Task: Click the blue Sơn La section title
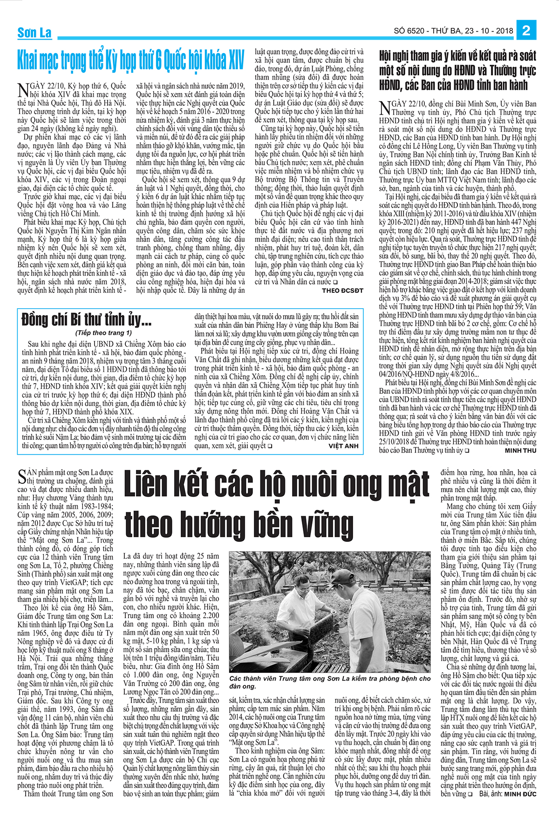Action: pyautogui.click(x=34, y=33)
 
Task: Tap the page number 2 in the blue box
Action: pyautogui.click(x=526, y=31)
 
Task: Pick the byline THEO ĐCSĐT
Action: pyautogui.click(x=342, y=291)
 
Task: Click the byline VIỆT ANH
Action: pyautogui.click(x=343, y=446)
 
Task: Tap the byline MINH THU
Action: pyautogui.click(x=520, y=451)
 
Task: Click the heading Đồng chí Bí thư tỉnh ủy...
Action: pyautogui.click(x=86, y=320)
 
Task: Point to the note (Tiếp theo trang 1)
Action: pyautogui.click(x=103, y=333)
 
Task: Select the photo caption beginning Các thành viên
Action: pyautogui.click(x=330, y=683)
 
